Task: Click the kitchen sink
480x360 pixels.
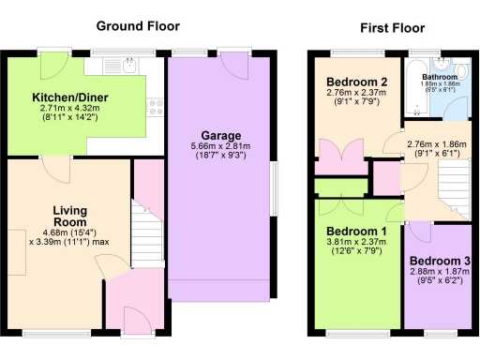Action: tap(128, 66)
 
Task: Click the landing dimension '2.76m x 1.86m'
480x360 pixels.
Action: tap(435, 145)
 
